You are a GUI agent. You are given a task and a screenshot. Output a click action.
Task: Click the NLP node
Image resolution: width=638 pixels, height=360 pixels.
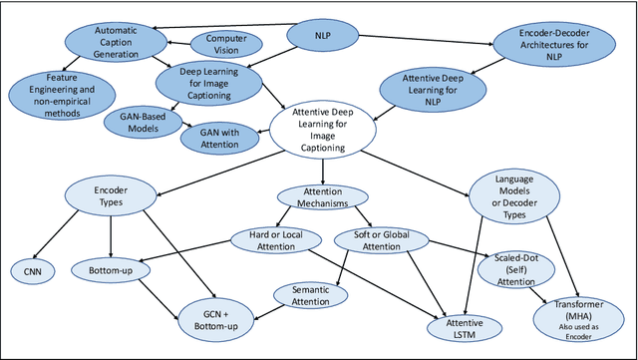coord(322,36)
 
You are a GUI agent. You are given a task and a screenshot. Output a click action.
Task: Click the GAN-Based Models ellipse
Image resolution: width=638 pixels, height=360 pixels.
coord(139,122)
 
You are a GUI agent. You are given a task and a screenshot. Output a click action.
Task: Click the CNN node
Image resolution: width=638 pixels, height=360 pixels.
coord(30,269)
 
